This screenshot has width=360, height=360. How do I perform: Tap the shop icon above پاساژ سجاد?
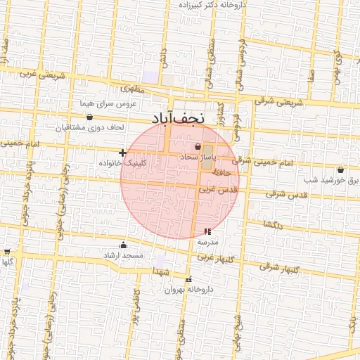198,146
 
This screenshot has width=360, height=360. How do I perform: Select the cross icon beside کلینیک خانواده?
123,152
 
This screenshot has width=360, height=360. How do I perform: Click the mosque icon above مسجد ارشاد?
124,245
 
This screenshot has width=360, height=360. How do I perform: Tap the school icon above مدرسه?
207,231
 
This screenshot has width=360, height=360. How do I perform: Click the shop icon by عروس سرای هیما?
89,117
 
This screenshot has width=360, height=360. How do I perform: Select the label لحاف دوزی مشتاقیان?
89,128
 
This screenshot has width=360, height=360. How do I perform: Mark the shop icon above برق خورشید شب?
340,169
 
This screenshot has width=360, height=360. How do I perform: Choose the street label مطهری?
132,89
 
